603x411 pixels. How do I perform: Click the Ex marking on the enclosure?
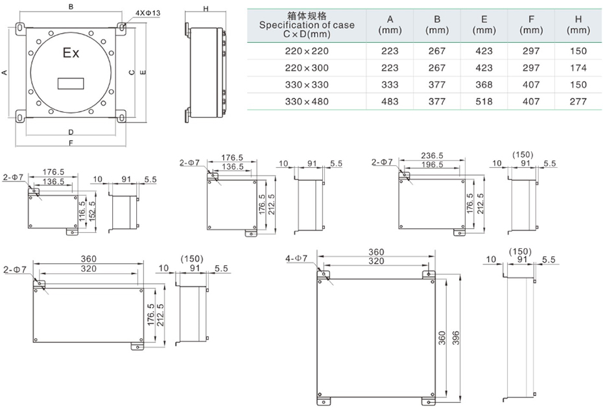click(71, 53)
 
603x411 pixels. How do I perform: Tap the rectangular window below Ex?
click(71, 83)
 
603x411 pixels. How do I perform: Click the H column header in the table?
click(577, 24)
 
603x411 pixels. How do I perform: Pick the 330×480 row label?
click(307, 101)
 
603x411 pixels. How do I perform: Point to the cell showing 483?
click(389, 101)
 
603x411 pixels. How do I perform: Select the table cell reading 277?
click(577, 101)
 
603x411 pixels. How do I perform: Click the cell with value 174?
click(577, 67)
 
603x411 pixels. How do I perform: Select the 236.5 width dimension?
click(432, 156)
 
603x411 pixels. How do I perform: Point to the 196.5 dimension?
click(432, 166)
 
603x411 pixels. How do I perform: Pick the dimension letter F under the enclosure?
click(71, 142)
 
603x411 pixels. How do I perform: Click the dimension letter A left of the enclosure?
click(5, 73)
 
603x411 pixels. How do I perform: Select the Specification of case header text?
click(307, 25)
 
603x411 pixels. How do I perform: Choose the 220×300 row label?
click(307, 67)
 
